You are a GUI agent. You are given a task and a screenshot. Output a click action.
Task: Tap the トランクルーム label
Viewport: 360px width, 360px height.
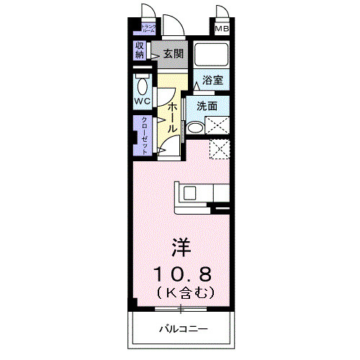148,30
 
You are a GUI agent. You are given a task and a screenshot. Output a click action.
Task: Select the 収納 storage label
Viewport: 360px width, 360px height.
139,50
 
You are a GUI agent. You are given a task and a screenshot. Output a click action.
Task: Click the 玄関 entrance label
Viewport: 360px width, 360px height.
173,53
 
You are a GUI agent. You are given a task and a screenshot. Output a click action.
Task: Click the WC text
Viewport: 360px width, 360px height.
142,102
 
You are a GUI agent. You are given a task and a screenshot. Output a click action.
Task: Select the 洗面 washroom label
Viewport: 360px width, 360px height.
207,106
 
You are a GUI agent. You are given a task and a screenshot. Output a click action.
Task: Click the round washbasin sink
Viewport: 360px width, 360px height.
194,128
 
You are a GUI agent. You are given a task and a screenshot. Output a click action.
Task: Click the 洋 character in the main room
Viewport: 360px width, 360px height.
180,248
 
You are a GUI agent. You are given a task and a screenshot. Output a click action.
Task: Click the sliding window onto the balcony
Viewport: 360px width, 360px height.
180,309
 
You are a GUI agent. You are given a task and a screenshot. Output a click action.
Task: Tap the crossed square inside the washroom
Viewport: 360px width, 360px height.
217,125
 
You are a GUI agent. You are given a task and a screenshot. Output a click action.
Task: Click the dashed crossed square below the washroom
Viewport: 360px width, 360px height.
218,149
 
